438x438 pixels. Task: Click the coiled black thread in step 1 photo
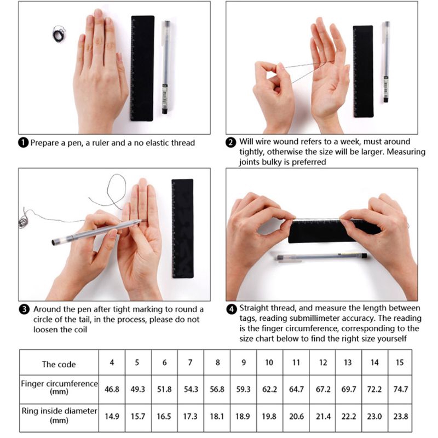coord(59,34)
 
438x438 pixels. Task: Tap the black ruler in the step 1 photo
coord(142,68)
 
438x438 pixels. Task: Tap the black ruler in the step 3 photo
coord(182,228)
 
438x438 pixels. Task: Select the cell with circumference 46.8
coord(112,389)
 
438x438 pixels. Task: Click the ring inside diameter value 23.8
coord(401,416)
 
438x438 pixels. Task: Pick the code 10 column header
coord(269,362)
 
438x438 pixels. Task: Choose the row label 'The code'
coord(59,364)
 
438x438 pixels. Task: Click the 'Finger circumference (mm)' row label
coord(59,388)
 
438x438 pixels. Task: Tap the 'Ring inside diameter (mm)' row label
coord(59,415)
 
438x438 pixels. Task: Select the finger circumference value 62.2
coord(269,389)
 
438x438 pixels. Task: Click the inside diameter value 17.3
coord(190,416)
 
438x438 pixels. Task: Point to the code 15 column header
coord(401,362)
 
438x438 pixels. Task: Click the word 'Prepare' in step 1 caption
coord(45,143)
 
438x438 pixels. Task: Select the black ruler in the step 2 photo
coord(362,71)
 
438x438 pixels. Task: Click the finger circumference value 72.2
coord(374,389)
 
